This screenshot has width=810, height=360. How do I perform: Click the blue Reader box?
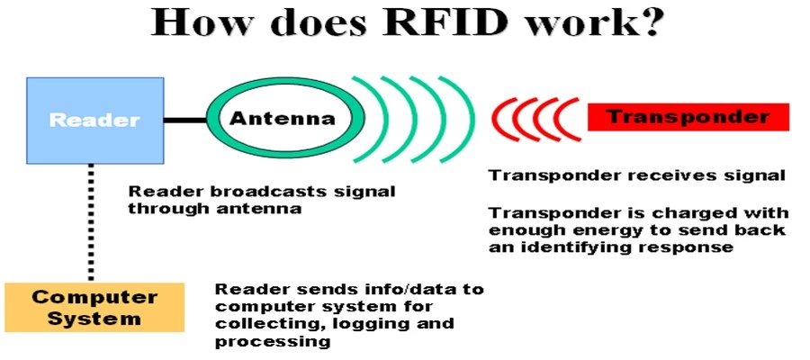click(x=95, y=121)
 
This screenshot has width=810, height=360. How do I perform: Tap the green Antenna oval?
click(x=285, y=85)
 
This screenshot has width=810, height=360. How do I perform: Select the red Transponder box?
click(x=688, y=117)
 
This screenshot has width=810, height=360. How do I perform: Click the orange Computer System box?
click(x=94, y=307)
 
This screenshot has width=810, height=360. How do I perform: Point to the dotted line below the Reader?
click(x=91, y=222)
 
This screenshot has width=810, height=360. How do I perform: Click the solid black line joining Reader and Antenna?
click(x=184, y=121)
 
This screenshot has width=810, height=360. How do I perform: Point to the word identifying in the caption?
click(x=574, y=247)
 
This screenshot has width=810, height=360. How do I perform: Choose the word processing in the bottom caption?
click(x=273, y=342)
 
